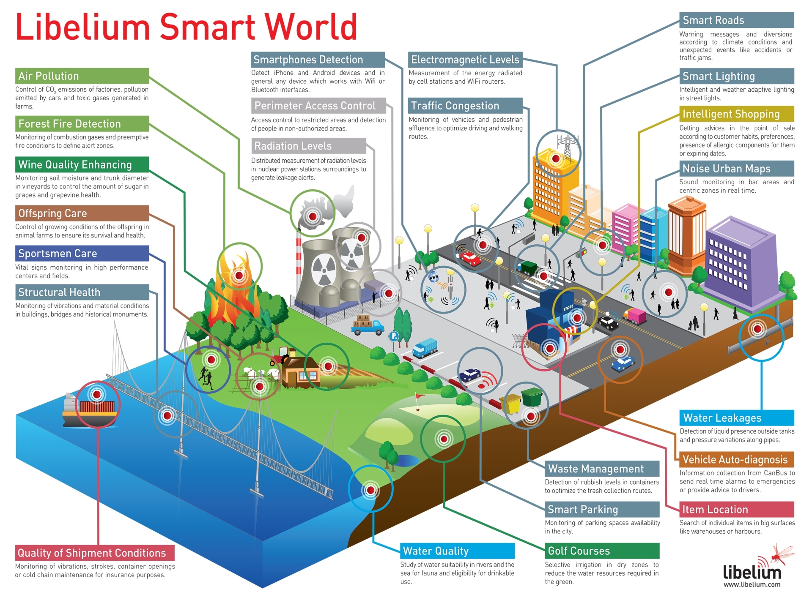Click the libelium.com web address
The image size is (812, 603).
point(752,585)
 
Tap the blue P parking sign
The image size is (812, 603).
point(394,336)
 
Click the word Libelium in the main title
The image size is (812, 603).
point(83,27)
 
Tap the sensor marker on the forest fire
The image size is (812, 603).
point(239,276)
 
